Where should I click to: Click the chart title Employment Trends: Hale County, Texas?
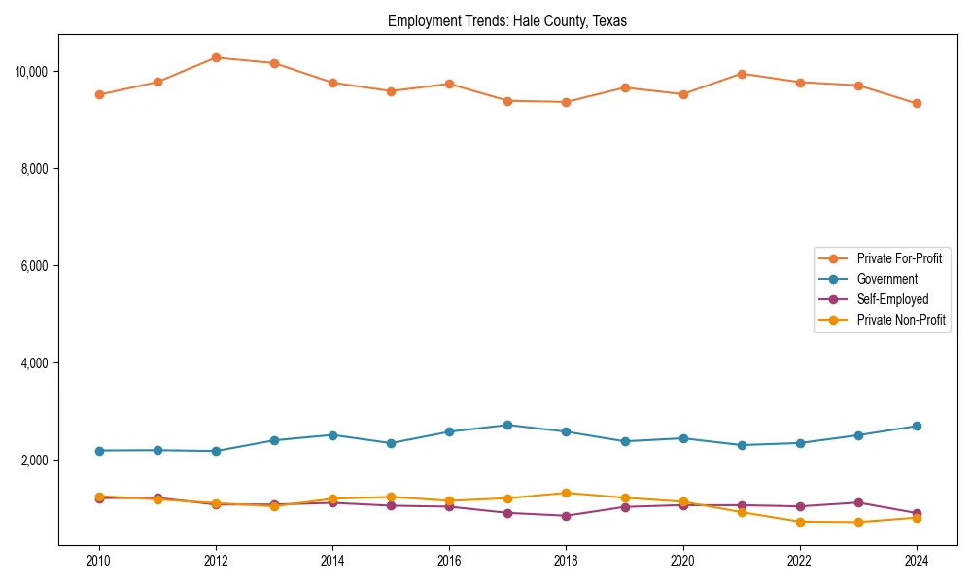click(x=507, y=21)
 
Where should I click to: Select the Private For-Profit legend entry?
click(x=899, y=258)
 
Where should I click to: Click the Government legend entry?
click(x=886, y=279)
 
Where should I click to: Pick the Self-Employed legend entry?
click(x=892, y=299)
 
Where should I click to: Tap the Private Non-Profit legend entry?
click(x=901, y=320)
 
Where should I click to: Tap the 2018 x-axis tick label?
click(x=566, y=561)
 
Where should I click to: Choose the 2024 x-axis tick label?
click(x=916, y=561)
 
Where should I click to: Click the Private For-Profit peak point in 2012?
click(x=216, y=57)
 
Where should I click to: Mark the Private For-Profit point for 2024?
click(x=916, y=103)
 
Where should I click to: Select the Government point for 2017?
click(x=507, y=425)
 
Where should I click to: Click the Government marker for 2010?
click(x=99, y=451)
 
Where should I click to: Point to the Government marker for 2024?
click(x=916, y=427)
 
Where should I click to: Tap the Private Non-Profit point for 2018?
click(x=566, y=493)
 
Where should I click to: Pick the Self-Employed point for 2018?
click(x=566, y=516)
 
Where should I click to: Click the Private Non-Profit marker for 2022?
click(x=799, y=522)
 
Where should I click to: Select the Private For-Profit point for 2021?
click(x=741, y=74)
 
